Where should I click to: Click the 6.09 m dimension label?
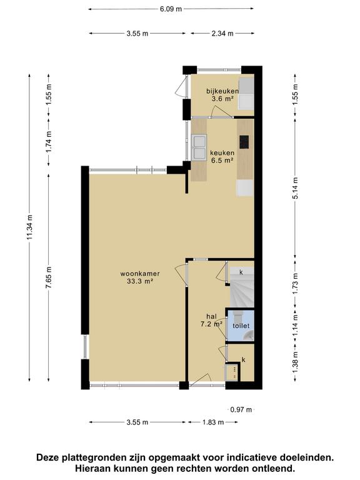click(171, 9)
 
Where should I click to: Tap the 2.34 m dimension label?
click(222, 33)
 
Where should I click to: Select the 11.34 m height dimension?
click(29, 227)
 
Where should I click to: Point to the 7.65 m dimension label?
click(49, 277)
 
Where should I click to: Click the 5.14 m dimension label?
click(295, 188)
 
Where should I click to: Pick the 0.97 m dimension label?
click(241, 409)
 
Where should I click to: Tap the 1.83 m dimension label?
click(213, 422)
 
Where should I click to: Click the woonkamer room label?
click(140, 274)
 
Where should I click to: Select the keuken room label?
click(222, 152)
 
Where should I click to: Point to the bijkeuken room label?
click(222, 91)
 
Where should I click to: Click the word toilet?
click(241, 326)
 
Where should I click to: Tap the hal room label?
click(211, 316)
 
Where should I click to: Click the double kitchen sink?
click(199, 147)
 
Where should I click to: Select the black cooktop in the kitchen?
click(244, 142)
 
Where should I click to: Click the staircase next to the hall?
click(242, 287)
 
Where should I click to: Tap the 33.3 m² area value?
click(140, 281)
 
